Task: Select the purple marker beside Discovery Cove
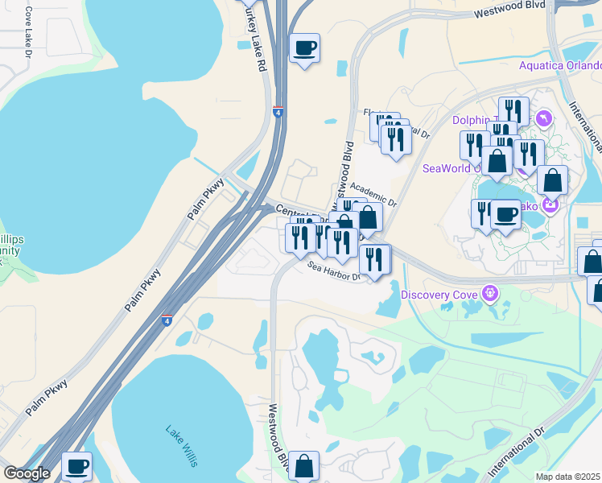pos(488,292)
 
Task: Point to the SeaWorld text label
pos(447,168)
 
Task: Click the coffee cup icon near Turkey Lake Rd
pos(304,48)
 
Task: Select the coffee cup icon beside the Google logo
pos(77,466)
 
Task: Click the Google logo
pos(27,473)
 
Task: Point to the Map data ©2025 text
pos(568,477)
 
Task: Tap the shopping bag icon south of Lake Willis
pos(303,465)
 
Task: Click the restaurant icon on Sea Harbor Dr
pos(374,259)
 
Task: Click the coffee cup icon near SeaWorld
pos(505,215)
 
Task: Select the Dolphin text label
pos(471,121)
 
